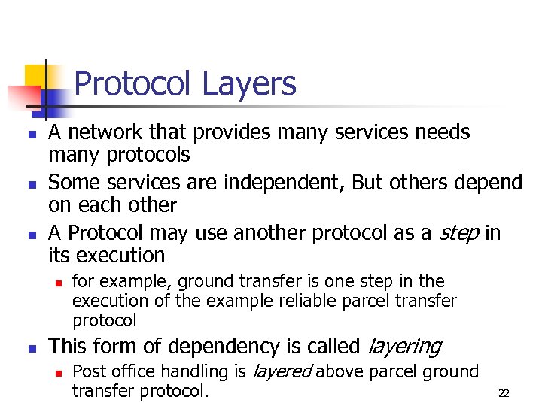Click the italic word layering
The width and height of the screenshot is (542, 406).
(x=403, y=347)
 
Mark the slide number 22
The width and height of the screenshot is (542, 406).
(x=504, y=393)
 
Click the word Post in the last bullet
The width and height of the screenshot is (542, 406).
(x=88, y=371)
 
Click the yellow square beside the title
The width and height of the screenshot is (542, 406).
(x=38, y=77)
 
